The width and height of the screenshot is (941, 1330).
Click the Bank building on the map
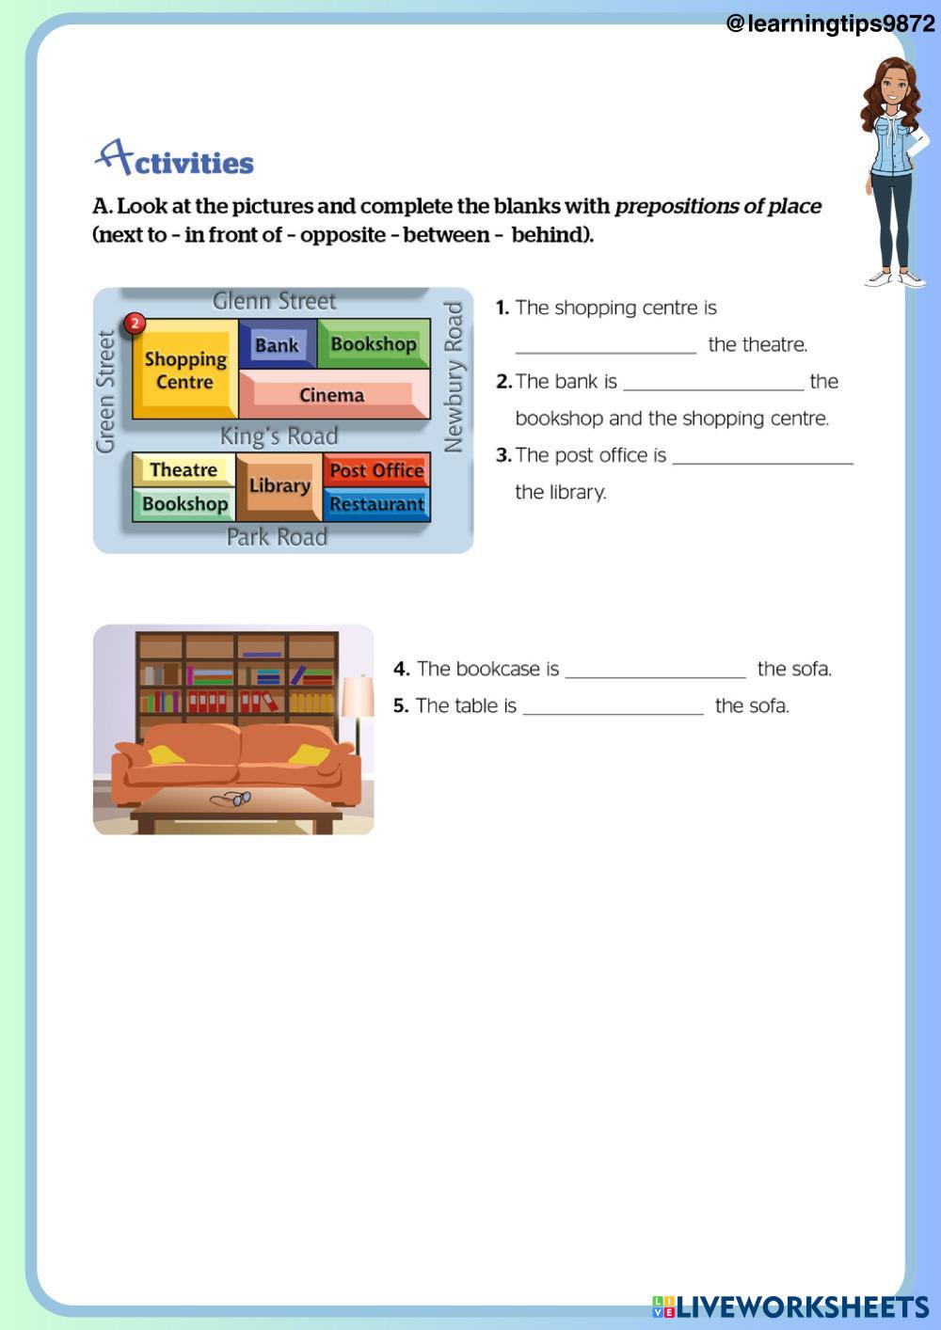(x=277, y=345)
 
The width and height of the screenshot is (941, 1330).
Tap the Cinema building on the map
(x=331, y=395)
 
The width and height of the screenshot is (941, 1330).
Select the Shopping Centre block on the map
(x=185, y=370)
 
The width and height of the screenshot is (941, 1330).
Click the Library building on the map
(x=279, y=486)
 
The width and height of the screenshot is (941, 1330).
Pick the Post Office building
(x=376, y=470)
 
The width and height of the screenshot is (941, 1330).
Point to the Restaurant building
(x=376, y=504)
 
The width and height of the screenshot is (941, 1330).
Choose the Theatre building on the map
(x=183, y=469)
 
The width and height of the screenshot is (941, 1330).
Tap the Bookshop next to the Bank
(x=374, y=344)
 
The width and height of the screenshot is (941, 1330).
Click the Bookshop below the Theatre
(x=184, y=504)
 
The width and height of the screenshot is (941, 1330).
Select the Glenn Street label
(x=274, y=301)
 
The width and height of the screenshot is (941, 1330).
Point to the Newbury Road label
(x=454, y=376)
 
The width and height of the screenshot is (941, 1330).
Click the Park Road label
(x=277, y=537)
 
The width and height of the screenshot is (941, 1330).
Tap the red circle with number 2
(x=136, y=324)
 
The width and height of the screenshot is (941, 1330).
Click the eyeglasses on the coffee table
(x=231, y=799)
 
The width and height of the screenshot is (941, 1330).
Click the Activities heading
(x=175, y=160)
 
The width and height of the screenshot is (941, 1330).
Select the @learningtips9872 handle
(x=830, y=24)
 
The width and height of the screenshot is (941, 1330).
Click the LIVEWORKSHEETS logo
(x=790, y=1306)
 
